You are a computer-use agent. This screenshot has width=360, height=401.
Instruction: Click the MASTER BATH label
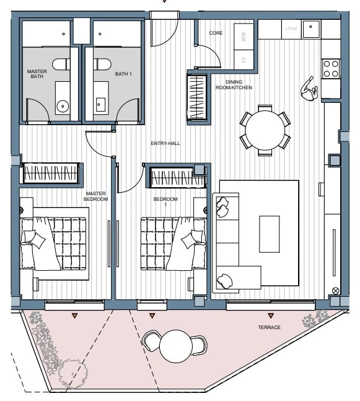click(x=37, y=74)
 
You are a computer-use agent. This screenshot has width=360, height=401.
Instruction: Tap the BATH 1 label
click(x=121, y=74)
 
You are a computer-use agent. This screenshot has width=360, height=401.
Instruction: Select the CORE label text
click(x=216, y=33)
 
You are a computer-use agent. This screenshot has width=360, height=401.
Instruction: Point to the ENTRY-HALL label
click(x=165, y=144)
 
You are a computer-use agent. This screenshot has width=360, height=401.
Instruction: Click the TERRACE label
click(x=270, y=327)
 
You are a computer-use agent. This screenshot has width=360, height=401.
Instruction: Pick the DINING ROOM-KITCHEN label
click(x=233, y=84)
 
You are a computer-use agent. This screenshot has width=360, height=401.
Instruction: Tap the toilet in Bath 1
click(x=102, y=64)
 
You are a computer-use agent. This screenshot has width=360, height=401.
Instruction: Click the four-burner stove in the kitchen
click(x=331, y=68)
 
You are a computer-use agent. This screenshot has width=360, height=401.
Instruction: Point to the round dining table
click(x=265, y=129)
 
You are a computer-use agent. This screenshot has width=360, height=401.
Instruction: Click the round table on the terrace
click(x=175, y=345)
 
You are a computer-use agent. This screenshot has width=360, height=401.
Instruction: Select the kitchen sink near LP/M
click(x=312, y=29)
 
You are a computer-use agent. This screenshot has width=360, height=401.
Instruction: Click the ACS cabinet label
click(x=244, y=37)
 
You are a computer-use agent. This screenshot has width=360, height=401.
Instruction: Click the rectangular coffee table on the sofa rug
click(x=270, y=233)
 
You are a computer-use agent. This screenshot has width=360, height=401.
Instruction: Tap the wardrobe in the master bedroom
click(x=51, y=173)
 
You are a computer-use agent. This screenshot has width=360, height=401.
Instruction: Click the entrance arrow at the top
click(x=164, y=2)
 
